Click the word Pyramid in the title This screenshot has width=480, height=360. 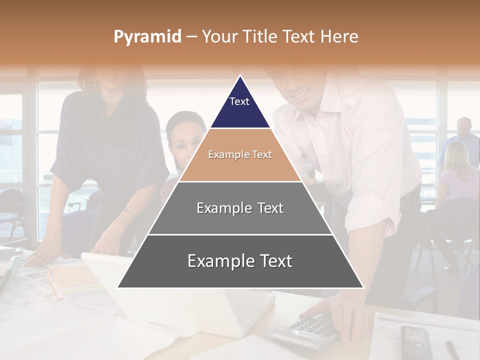(147, 37)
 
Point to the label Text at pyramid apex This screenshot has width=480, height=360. (239, 101)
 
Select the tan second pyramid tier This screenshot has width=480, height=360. (240, 155)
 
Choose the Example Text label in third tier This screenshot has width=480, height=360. (240, 208)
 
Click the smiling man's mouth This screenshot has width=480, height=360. (300, 94)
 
